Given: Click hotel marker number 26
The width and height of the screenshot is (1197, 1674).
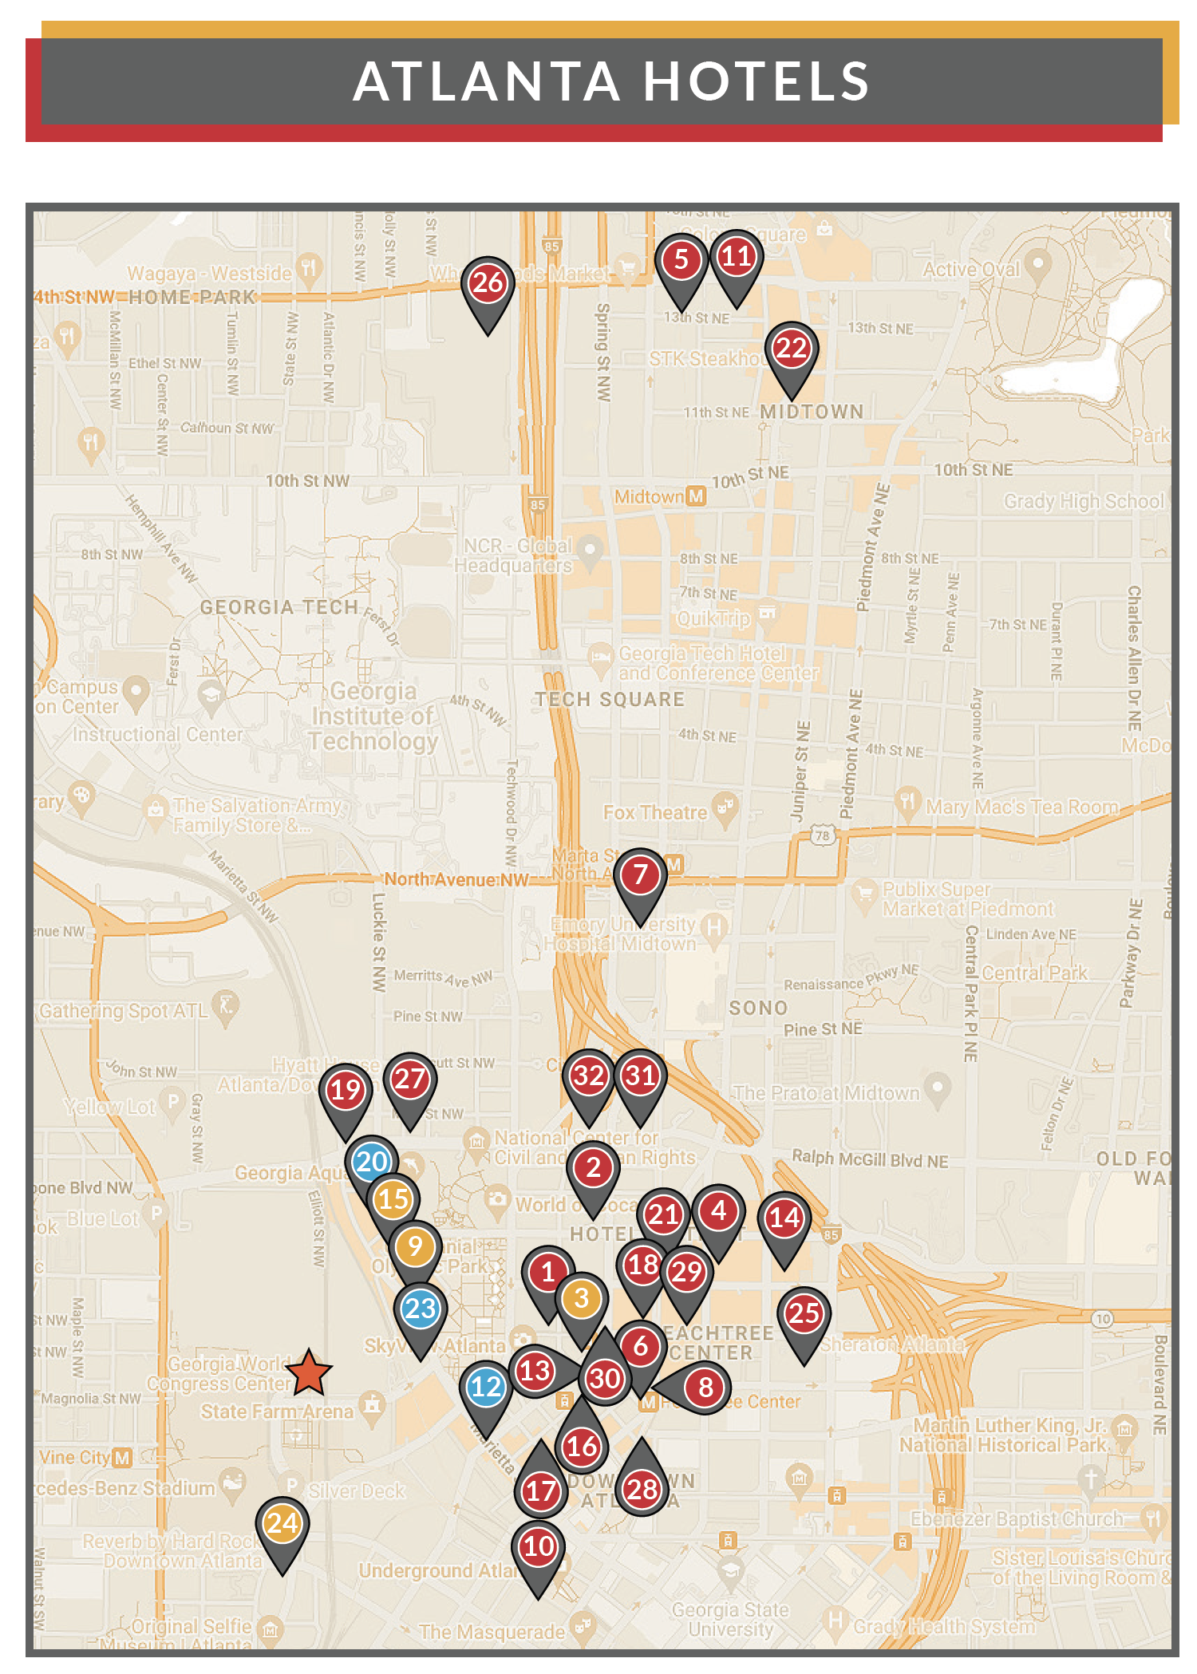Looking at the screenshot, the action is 488,283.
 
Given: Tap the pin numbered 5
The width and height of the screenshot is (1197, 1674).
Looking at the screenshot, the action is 681,260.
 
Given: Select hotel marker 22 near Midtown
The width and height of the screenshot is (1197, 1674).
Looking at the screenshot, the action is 791,349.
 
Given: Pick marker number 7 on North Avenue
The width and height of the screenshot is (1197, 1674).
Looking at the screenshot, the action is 639,875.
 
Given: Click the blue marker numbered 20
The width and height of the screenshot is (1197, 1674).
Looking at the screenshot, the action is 372,1162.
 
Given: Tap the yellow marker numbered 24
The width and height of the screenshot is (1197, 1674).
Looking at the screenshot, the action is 282,1523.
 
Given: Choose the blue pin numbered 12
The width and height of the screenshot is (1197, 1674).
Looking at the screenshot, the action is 485,1387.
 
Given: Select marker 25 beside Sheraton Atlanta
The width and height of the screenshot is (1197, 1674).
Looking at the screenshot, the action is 804,1313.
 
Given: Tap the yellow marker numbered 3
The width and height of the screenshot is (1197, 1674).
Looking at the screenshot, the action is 582,1299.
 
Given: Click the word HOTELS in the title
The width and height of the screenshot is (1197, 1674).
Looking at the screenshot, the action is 756,81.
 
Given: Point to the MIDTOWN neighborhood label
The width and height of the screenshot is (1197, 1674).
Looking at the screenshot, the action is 812,412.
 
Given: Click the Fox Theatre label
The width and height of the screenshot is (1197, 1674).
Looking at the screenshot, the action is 654,813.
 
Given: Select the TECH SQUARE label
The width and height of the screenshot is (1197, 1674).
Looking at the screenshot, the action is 610,700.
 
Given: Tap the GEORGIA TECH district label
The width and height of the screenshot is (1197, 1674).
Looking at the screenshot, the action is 279,607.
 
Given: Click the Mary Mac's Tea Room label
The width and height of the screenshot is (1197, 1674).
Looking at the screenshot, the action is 1021,807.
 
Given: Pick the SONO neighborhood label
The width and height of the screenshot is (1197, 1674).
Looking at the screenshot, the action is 758,1009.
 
